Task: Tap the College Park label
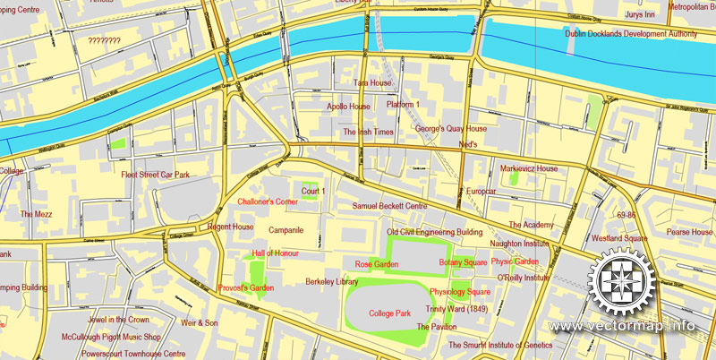389,313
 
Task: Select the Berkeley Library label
332,281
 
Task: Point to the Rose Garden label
376,264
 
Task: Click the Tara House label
372,83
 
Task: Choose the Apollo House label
348,107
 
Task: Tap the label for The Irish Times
368,132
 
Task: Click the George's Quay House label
451,129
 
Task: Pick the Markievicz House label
529,168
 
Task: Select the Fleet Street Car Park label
156,175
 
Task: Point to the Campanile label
286,230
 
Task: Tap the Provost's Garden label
245,287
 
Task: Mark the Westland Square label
618,239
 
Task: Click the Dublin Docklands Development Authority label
631,34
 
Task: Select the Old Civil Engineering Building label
434,232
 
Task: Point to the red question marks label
105,41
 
